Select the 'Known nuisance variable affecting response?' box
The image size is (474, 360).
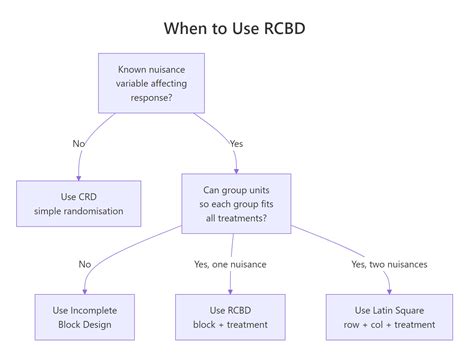click(x=151, y=82)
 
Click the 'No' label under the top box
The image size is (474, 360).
click(x=79, y=143)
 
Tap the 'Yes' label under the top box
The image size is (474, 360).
click(x=236, y=143)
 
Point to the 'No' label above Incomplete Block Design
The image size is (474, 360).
click(x=84, y=263)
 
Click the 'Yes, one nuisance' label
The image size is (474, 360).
click(x=232, y=263)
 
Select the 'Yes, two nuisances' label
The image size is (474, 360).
click(x=390, y=263)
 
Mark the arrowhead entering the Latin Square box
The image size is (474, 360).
click(x=389, y=290)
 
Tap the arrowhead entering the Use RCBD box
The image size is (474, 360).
click(x=232, y=290)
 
